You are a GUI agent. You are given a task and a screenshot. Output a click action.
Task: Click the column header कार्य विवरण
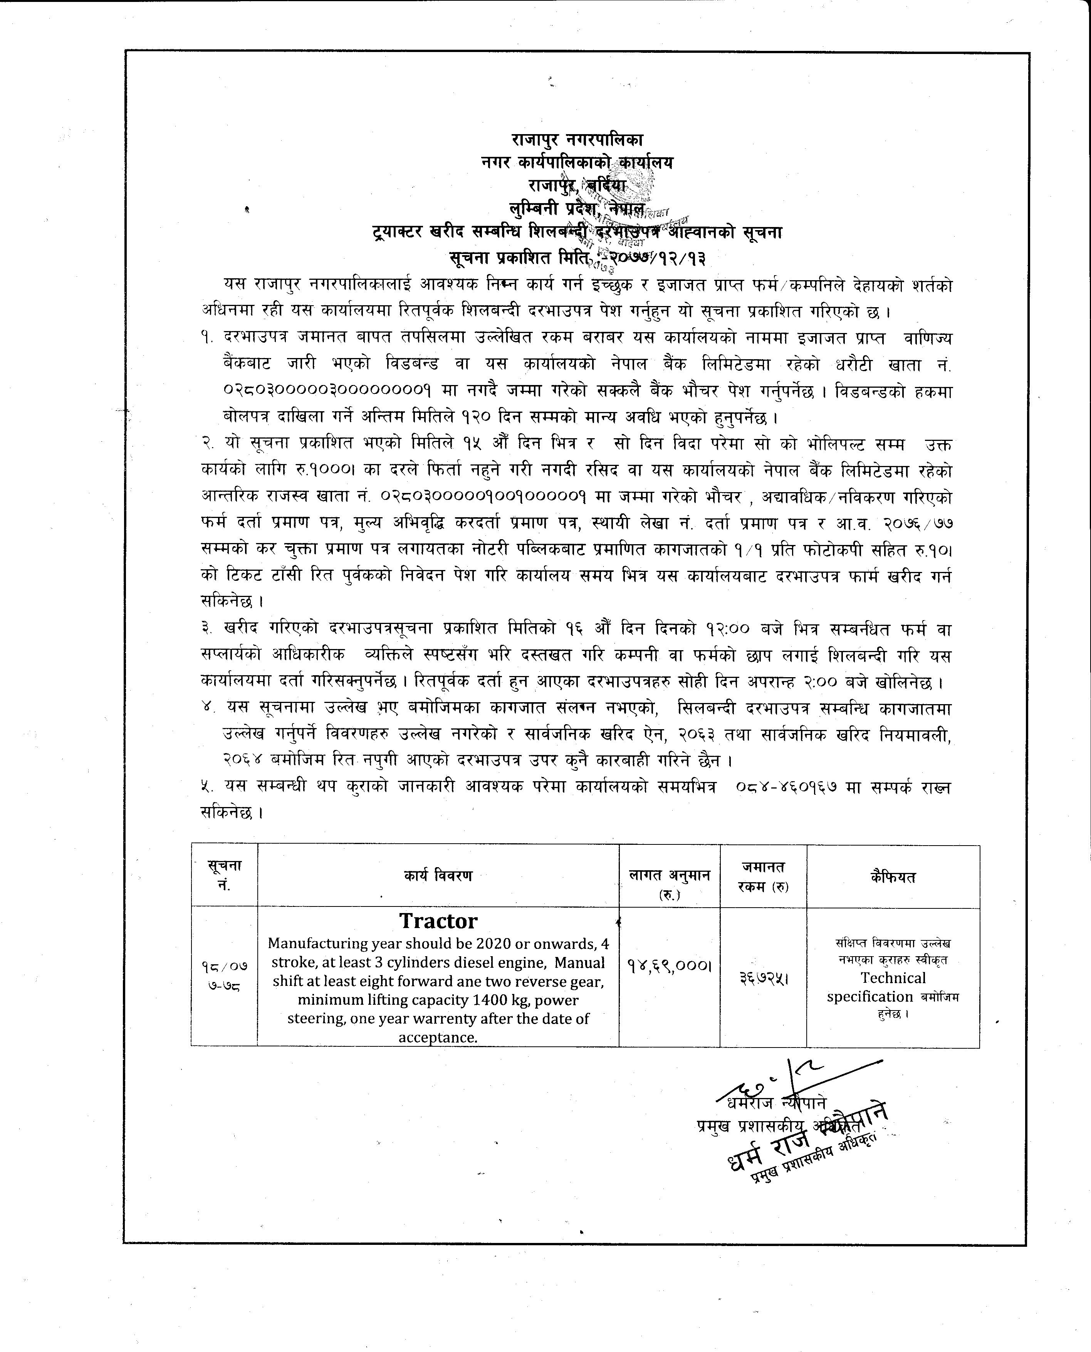click(438, 876)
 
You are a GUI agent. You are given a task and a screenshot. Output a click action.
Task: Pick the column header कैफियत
click(893, 877)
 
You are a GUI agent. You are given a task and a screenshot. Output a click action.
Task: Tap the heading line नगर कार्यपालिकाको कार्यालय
click(577, 163)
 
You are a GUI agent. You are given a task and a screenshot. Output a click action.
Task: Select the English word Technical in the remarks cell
click(893, 978)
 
